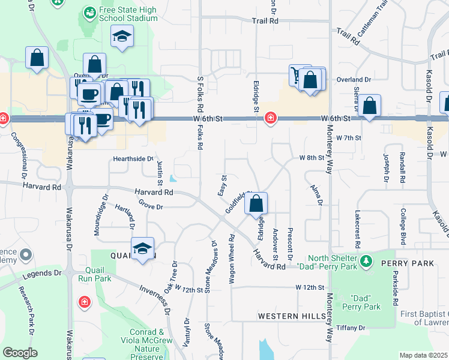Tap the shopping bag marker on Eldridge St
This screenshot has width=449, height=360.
click(x=256, y=204)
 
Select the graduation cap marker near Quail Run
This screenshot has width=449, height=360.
click(x=142, y=249)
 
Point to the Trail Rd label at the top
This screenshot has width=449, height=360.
click(x=265, y=21)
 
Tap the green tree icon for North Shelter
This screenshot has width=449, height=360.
click(x=367, y=262)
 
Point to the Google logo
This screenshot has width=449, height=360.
click(x=20, y=353)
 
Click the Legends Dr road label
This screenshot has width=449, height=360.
click(x=41, y=274)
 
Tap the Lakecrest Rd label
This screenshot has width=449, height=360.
click(x=357, y=229)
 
